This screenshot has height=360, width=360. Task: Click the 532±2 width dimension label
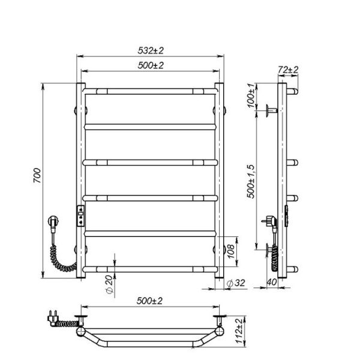tap(151, 50)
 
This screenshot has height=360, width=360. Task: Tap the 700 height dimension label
tap(37, 175)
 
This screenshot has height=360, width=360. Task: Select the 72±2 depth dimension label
tap(288, 70)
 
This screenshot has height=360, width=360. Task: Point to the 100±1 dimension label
tap(251, 96)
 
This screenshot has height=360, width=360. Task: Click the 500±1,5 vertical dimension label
tap(251, 181)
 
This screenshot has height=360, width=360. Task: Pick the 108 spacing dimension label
tap(231, 251)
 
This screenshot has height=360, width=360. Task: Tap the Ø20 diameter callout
tap(110, 284)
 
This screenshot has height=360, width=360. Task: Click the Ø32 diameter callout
tap(236, 283)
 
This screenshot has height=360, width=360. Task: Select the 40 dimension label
tap(272, 282)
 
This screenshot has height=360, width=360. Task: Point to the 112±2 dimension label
tap(239, 331)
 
